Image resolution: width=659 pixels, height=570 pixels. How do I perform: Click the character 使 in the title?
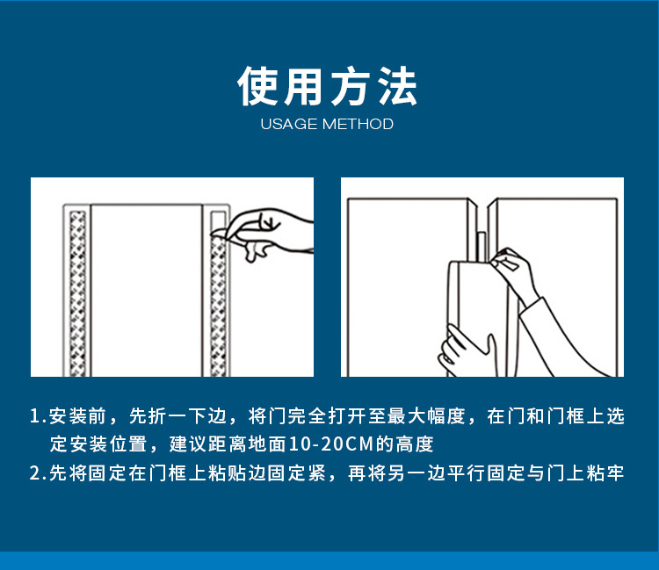(258, 86)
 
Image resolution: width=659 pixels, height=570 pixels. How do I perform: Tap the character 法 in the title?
(397, 86)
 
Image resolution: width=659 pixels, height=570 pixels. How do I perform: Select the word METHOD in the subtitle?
(358, 124)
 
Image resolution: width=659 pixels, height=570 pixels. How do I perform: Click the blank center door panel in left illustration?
(146, 291)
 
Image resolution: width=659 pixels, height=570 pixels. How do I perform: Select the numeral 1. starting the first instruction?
(38, 415)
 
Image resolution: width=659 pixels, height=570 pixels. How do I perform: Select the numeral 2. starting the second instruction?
(38, 473)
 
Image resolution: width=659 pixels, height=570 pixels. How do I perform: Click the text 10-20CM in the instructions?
(331, 444)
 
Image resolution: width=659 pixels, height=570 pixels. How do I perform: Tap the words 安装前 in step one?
(77, 415)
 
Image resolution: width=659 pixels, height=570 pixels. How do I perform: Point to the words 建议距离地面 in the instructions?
(228, 444)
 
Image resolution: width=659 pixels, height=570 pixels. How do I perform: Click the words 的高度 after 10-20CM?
(404, 444)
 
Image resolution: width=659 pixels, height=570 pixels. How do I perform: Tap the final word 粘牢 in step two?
(605, 473)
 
